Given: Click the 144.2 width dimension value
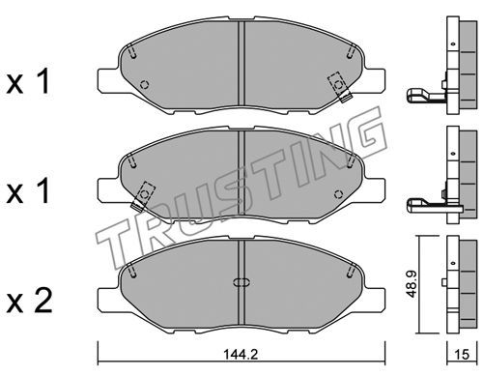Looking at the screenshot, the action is [x=241, y=355].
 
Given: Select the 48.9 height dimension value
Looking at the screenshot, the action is [x=412, y=283].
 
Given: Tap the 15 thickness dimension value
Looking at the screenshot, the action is [x=463, y=355].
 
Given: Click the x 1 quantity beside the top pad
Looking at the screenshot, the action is [x=29, y=81].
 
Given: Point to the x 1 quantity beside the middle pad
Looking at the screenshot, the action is [x=29, y=190].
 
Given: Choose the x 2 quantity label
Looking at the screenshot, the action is [x=29, y=301].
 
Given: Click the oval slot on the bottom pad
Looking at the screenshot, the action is [x=241, y=282].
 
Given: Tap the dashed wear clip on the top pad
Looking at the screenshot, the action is [x=339, y=86].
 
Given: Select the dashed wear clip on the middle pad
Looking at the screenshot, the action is [x=143, y=196].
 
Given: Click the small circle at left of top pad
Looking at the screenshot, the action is [x=145, y=84].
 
